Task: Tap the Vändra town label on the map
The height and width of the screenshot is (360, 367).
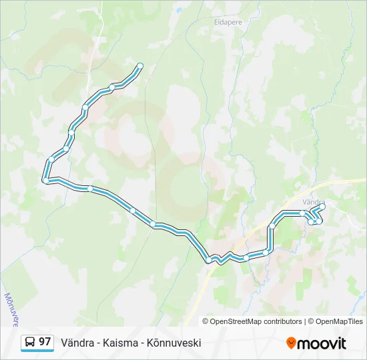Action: tap(314, 201)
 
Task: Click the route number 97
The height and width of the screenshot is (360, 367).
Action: tap(45, 342)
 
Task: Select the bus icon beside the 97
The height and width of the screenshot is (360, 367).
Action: tap(30, 343)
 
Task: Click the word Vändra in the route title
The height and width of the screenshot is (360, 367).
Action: tap(76, 343)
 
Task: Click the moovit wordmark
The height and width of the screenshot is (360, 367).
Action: tap(322, 343)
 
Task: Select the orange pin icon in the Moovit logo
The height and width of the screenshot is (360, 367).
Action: tap(291, 343)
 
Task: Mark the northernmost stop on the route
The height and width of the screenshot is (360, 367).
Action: tap(140, 65)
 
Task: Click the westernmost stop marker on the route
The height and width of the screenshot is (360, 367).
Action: tap(45, 180)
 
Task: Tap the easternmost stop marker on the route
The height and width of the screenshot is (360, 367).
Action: tap(323, 207)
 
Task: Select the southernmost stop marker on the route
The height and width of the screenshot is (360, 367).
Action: tap(209, 259)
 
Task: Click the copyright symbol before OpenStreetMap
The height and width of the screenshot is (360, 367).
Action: tap(206, 321)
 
